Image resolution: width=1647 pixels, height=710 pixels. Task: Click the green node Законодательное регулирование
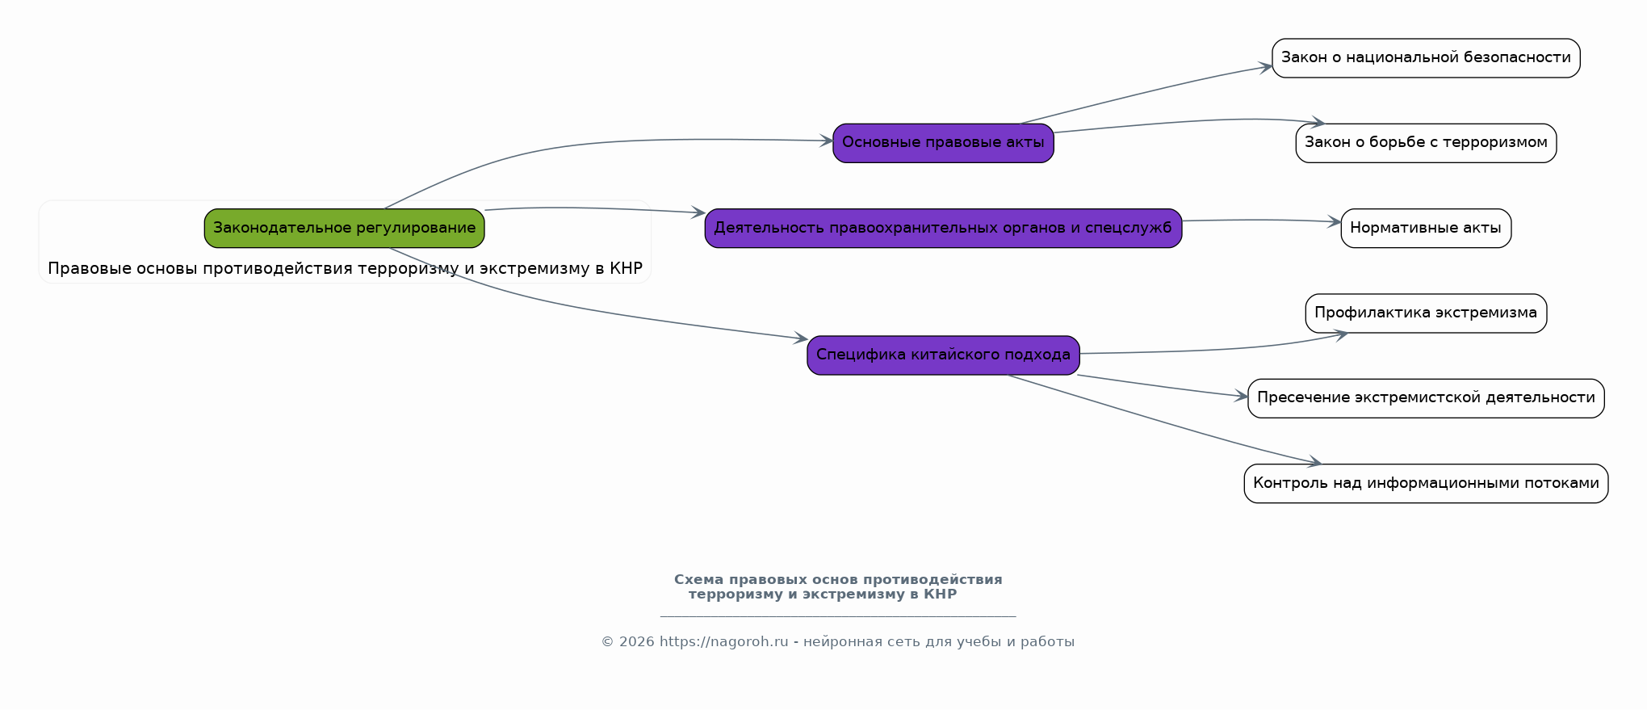(344, 229)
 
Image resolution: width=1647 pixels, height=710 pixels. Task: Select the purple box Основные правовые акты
(943, 143)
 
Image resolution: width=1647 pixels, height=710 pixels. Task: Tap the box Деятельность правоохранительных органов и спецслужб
(943, 229)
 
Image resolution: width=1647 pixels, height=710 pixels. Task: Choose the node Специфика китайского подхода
(943, 355)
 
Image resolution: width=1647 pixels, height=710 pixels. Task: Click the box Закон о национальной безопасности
(1426, 58)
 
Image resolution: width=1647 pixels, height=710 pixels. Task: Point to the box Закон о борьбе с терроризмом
(1426, 143)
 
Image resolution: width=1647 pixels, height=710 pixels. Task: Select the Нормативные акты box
(1426, 229)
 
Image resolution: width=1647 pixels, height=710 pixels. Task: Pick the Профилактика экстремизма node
(1426, 313)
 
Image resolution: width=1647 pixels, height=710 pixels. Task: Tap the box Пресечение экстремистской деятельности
(1426, 398)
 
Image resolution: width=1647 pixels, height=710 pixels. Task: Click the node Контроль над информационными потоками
(1426, 484)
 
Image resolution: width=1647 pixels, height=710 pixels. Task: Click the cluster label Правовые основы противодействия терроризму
(345, 269)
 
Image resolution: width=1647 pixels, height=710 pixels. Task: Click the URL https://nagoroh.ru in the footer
(723, 642)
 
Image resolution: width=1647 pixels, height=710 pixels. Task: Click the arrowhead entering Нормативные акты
(1335, 222)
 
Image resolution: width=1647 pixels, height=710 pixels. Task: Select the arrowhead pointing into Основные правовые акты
(827, 141)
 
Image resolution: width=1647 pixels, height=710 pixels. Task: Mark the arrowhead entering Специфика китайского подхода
(801, 339)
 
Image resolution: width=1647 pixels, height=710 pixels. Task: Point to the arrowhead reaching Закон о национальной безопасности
(1266, 68)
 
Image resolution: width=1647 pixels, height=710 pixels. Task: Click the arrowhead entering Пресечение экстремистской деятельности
(1242, 397)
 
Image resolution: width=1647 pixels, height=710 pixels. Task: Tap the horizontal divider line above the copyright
(838, 617)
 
